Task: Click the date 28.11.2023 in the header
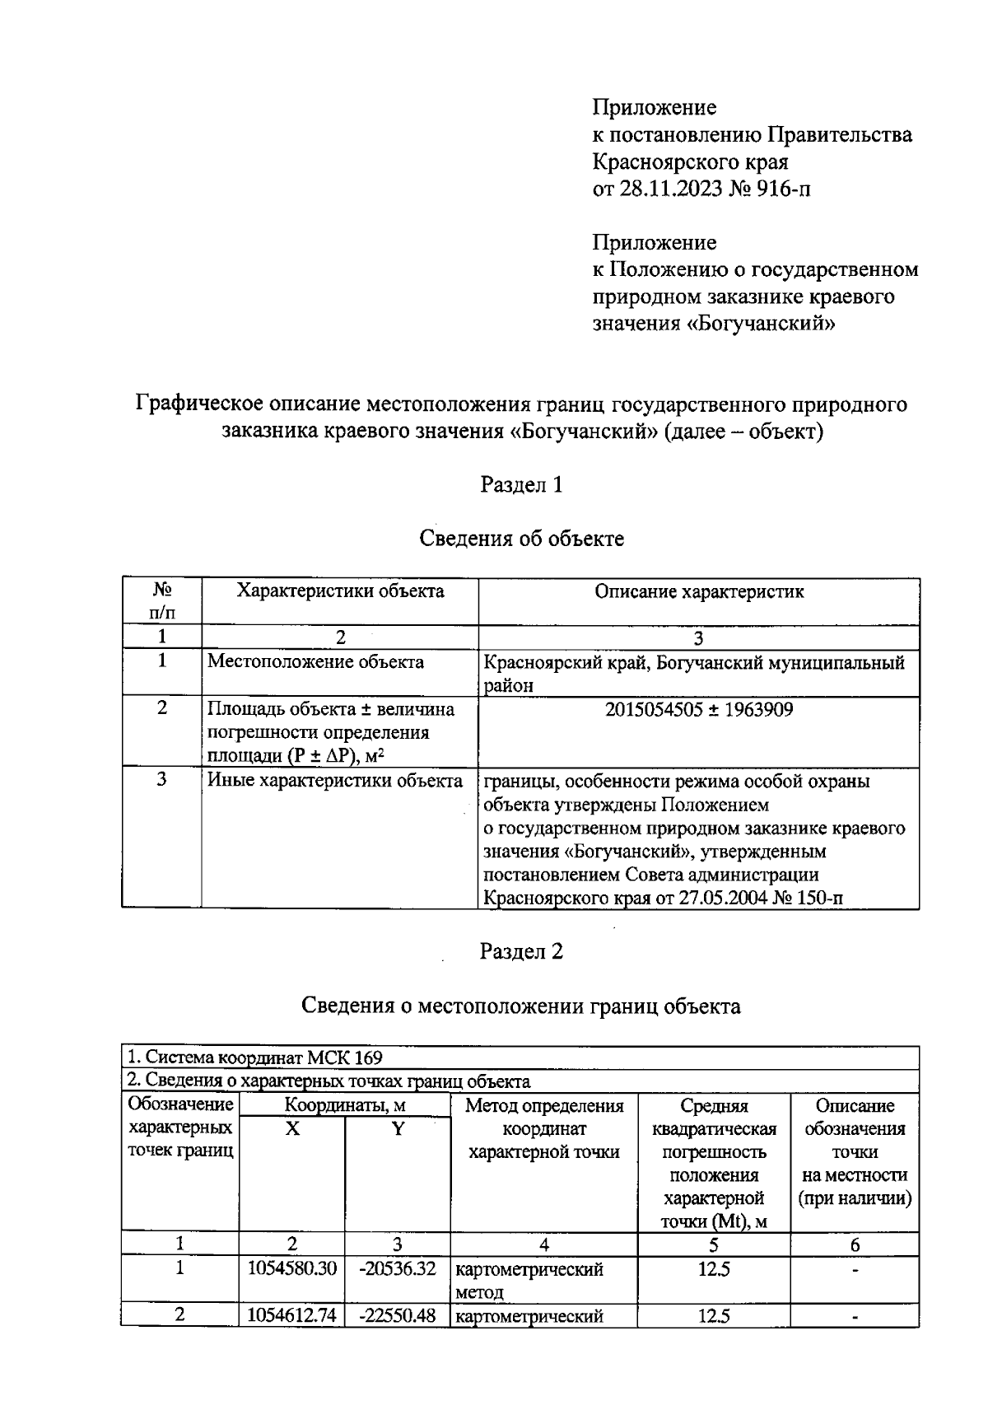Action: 671,189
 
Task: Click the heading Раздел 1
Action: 521,485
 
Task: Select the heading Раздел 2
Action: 521,952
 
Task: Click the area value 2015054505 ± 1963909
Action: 698,710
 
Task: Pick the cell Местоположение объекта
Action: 315,662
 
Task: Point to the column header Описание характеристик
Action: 698,591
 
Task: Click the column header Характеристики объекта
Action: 340,591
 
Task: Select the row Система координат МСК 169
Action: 254,1057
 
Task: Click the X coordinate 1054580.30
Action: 292,1269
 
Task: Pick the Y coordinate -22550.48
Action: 397,1316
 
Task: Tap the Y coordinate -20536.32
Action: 397,1269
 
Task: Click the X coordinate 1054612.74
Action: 292,1316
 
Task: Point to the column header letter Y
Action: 397,1129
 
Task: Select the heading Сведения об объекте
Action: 521,539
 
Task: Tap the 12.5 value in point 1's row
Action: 713,1269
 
